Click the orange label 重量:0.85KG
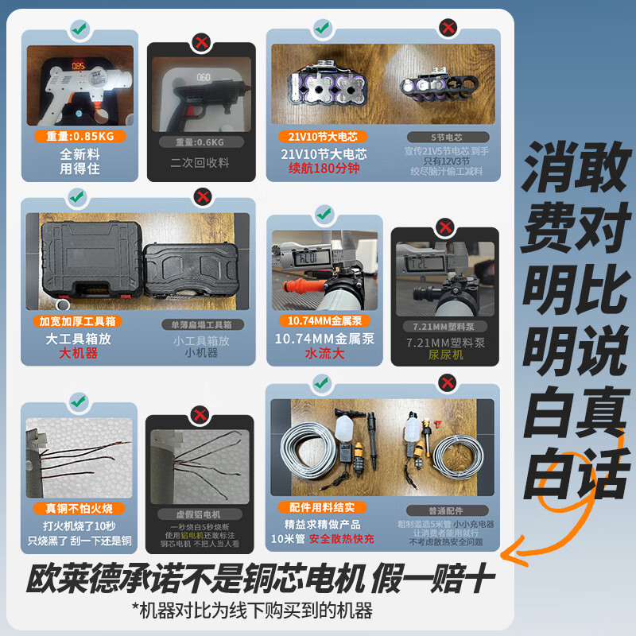click(x=79, y=136)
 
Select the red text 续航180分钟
click(x=324, y=168)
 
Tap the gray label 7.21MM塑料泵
click(x=445, y=326)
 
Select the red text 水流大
click(x=323, y=354)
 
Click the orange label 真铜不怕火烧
click(x=79, y=508)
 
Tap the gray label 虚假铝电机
click(x=200, y=514)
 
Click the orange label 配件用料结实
click(x=322, y=506)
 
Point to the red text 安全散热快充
click(x=342, y=538)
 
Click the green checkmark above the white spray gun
click(x=79, y=30)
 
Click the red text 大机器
click(x=79, y=352)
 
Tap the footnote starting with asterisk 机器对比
click(x=253, y=611)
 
